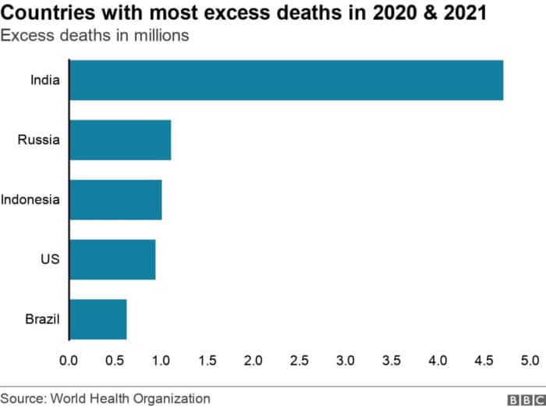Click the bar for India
(x=286, y=80)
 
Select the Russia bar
(x=120, y=140)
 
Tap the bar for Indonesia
(x=115, y=200)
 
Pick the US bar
(x=112, y=259)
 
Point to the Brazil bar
(x=98, y=319)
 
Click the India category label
(x=45, y=80)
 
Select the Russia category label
(x=39, y=140)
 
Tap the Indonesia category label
(x=30, y=200)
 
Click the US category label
(x=50, y=259)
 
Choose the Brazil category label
(x=42, y=319)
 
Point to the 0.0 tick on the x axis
(x=69, y=361)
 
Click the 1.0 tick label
(x=161, y=361)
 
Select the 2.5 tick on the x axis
(x=300, y=361)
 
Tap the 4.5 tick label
(x=484, y=361)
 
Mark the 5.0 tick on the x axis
(x=530, y=361)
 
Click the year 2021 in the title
(x=465, y=12)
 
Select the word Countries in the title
(x=48, y=12)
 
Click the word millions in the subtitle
(x=161, y=36)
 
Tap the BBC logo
(x=526, y=400)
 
